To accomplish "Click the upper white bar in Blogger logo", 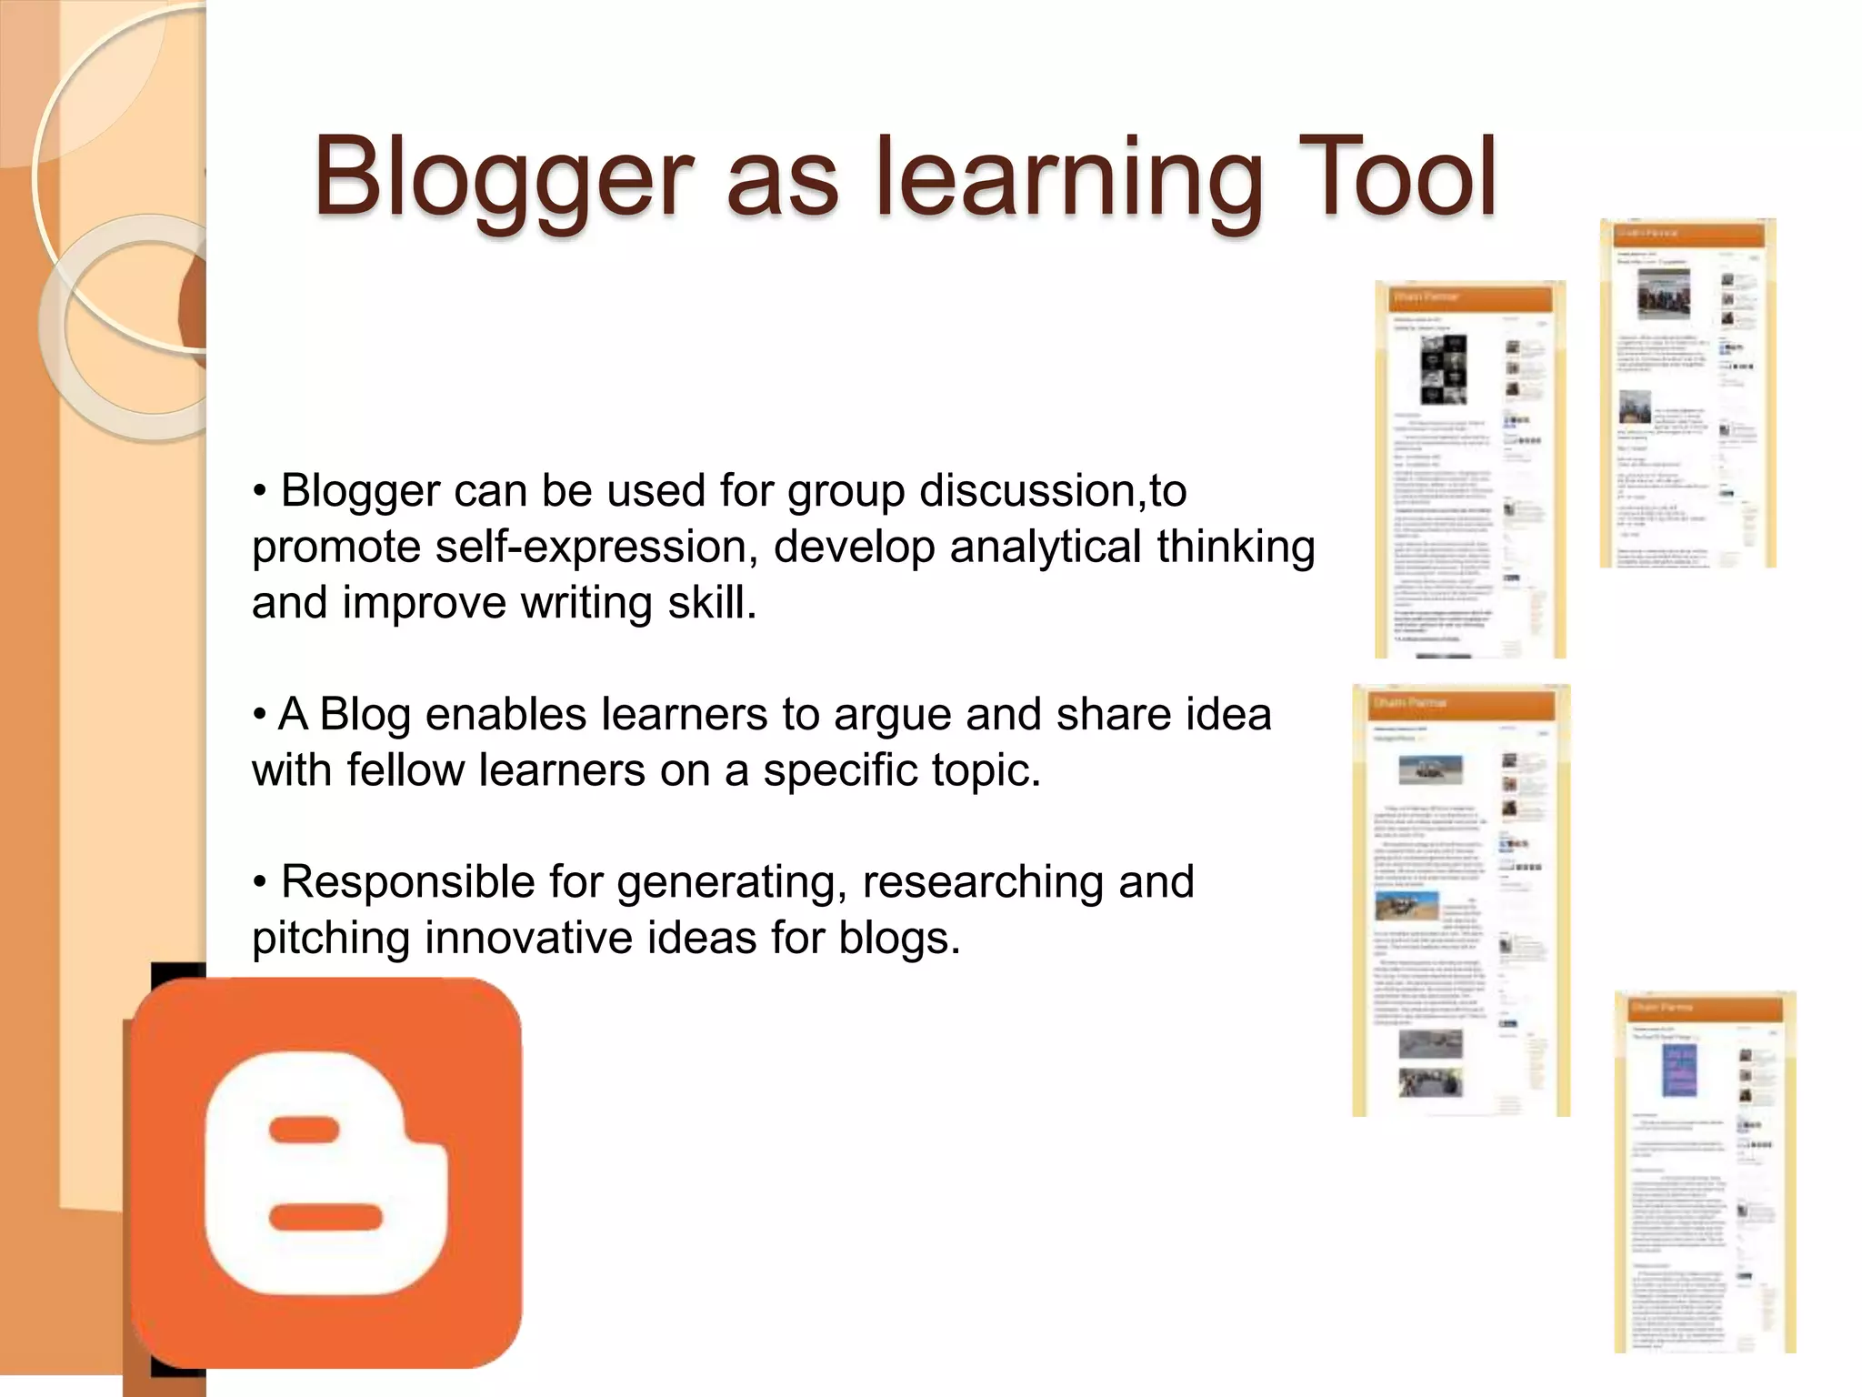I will (x=305, y=1131).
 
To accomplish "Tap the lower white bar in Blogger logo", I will (x=325, y=1217).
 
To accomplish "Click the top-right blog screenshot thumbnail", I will (x=1687, y=393).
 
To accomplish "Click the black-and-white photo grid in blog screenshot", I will (x=1444, y=369).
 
